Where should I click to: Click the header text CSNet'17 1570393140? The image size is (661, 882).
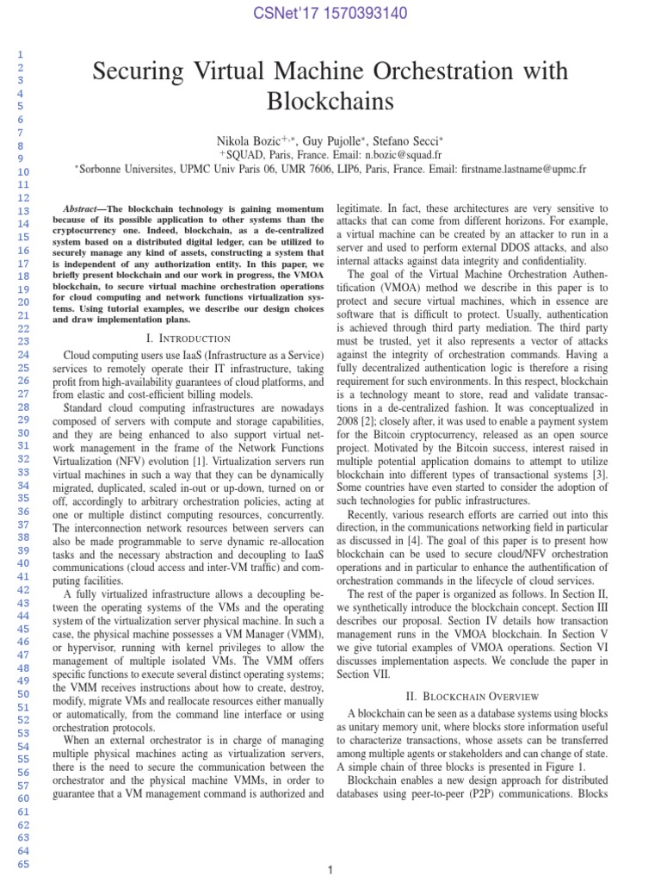330,14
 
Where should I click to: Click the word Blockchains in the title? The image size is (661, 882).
330,102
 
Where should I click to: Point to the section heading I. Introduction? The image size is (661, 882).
189,339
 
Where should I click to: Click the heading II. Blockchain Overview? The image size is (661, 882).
473,695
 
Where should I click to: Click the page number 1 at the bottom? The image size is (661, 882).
330,871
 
